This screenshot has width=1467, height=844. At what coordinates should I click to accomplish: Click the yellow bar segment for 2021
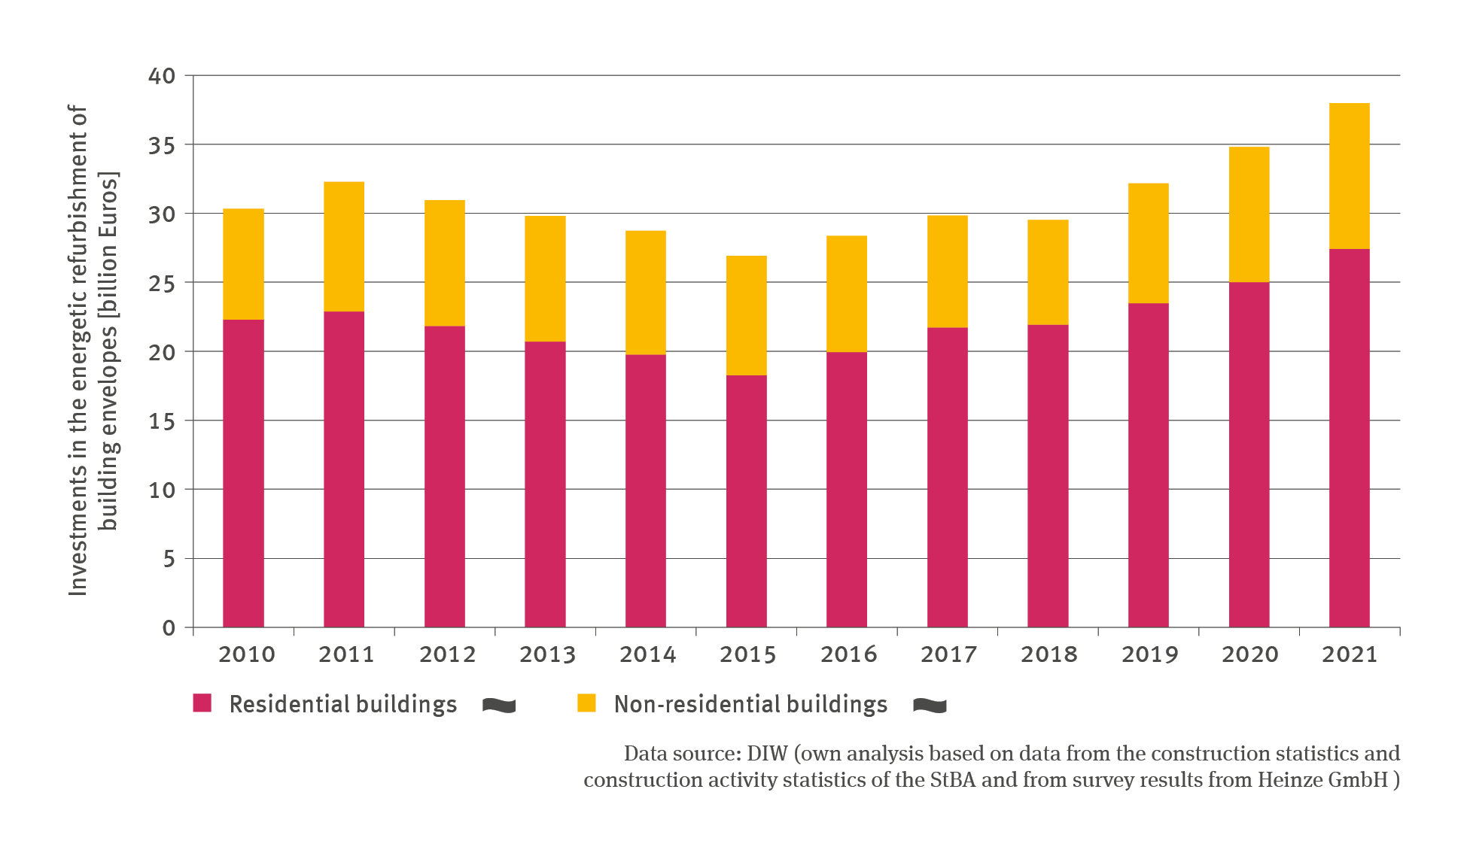tap(1349, 176)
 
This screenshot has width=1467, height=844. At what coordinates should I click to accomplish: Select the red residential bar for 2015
tap(746, 501)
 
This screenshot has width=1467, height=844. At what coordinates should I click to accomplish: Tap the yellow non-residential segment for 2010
tap(243, 264)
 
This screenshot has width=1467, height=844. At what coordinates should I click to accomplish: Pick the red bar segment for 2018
tap(1048, 476)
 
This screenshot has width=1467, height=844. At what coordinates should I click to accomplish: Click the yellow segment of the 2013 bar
tap(545, 279)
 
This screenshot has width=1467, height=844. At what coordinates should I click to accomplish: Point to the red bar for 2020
tap(1249, 454)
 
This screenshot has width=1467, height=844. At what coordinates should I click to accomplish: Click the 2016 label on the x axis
tap(848, 654)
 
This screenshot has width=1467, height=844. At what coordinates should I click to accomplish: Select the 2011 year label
tap(346, 654)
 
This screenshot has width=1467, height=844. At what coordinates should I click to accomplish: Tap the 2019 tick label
tap(1149, 654)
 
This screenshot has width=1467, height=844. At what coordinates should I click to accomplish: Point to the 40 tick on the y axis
tap(162, 76)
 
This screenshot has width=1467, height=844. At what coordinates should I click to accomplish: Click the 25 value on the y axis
tap(162, 284)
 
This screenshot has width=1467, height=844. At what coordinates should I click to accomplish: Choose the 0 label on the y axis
tap(169, 628)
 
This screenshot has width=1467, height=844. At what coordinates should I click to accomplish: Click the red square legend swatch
tap(202, 703)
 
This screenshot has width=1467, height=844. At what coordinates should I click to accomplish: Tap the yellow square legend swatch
tap(586, 703)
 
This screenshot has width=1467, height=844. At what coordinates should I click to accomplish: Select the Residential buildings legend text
tap(342, 704)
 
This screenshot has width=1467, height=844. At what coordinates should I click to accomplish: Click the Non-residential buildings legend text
tap(750, 704)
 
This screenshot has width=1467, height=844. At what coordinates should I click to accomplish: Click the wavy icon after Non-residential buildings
tap(930, 705)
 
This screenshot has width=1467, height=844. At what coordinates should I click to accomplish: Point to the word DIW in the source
tap(767, 754)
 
